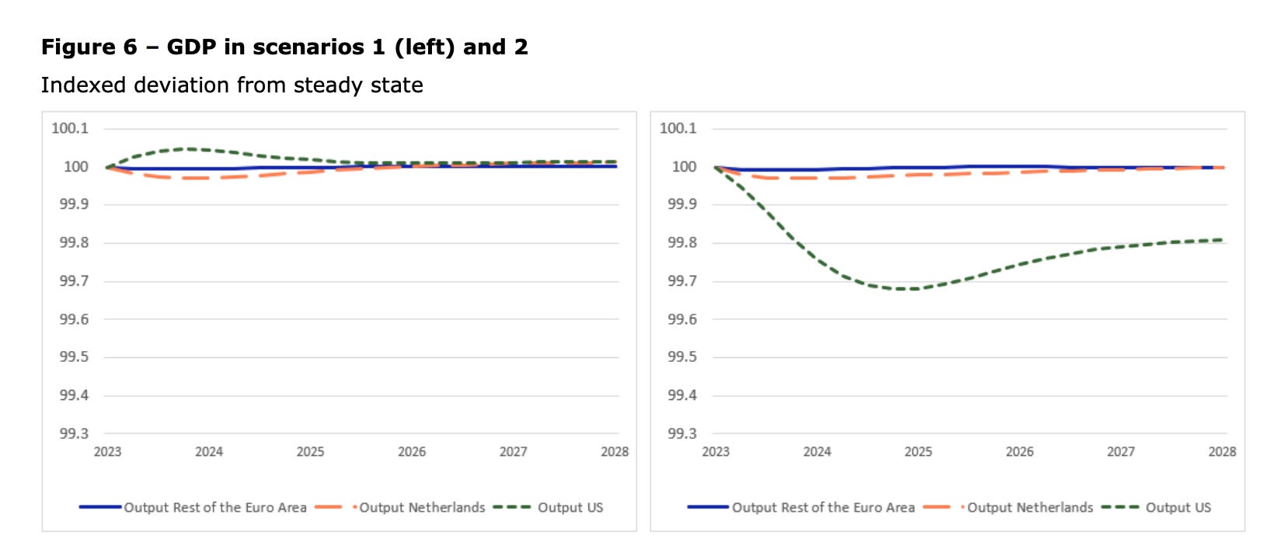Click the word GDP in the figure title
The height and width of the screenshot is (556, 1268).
click(x=191, y=47)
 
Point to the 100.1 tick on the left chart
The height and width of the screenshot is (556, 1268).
click(x=70, y=128)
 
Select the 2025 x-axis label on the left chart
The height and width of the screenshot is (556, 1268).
click(x=310, y=452)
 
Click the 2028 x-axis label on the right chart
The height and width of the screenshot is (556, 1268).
click(x=1221, y=452)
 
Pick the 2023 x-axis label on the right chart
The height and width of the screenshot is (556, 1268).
click(x=716, y=452)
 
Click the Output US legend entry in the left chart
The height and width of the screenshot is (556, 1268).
click(x=570, y=508)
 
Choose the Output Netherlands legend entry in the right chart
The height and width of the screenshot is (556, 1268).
click(x=1029, y=508)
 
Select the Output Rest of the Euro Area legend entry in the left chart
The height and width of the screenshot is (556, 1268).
click(x=215, y=508)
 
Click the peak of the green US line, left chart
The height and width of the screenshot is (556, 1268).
click(x=186, y=148)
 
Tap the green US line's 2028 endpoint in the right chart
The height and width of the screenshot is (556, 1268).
click(x=1222, y=240)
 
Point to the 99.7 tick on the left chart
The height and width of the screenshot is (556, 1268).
click(x=74, y=281)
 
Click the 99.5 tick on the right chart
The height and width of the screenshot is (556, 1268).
click(x=682, y=357)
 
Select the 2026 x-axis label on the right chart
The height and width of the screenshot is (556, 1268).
click(x=1019, y=452)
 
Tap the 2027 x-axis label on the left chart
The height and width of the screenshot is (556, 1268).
click(x=513, y=452)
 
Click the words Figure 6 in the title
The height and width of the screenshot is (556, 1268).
click(x=89, y=47)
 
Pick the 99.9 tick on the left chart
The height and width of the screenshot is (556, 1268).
click(x=74, y=204)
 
